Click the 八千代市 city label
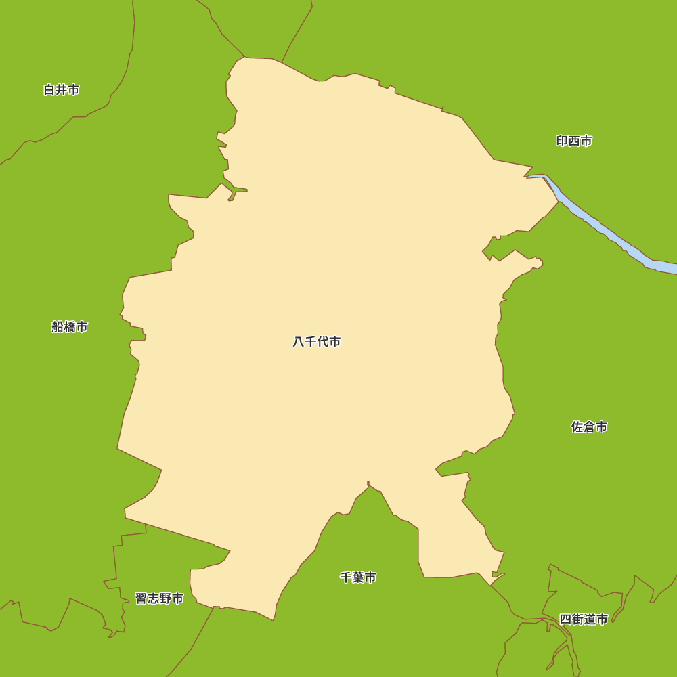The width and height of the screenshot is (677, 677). click(x=316, y=342)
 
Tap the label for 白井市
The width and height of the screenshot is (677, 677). click(x=61, y=90)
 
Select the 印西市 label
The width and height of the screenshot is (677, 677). click(x=574, y=141)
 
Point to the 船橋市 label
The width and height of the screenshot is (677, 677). click(x=70, y=327)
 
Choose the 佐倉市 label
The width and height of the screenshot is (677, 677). click(x=589, y=427)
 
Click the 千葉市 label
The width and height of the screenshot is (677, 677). click(x=358, y=577)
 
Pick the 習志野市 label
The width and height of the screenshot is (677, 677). click(x=159, y=598)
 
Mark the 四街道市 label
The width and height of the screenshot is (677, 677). click(x=584, y=619)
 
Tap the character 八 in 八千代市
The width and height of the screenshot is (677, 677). click(x=299, y=342)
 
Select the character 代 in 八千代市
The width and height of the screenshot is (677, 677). click(x=322, y=342)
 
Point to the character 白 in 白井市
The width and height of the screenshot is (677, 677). click(x=49, y=90)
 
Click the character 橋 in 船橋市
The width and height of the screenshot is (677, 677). click(x=70, y=327)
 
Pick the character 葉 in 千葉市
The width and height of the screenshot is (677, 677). click(x=358, y=577)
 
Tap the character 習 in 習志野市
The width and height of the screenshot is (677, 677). click(x=141, y=598)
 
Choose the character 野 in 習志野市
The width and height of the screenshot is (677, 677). click(x=165, y=598)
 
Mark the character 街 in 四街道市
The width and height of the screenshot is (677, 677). click(x=577, y=619)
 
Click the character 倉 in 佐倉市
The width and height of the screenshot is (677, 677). click(x=589, y=427)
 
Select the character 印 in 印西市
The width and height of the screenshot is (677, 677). click(x=562, y=141)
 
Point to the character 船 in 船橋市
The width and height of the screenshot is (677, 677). click(x=58, y=327)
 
